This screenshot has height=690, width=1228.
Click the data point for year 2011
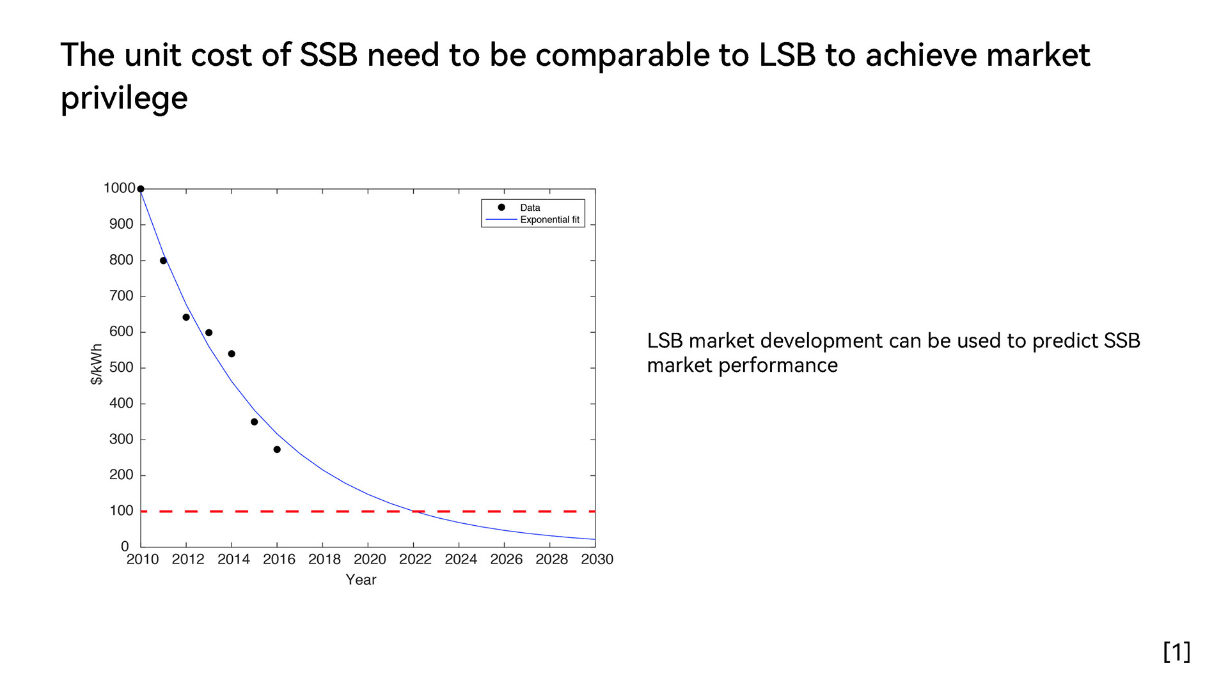click(x=163, y=261)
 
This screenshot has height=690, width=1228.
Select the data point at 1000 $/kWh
click(x=141, y=189)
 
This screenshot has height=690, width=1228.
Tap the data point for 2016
click(x=277, y=450)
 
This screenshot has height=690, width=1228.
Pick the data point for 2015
click(x=254, y=422)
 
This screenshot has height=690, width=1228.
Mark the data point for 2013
click(x=209, y=333)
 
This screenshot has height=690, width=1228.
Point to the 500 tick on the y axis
click(x=121, y=367)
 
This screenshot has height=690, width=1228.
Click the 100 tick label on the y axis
click(x=121, y=510)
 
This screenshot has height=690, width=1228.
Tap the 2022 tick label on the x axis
click(x=415, y=560)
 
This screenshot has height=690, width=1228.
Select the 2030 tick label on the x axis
click(x=597, y=560)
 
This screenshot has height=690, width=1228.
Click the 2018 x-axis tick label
click(x=324, y=560)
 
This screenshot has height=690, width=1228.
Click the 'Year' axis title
click(x=361, y=579)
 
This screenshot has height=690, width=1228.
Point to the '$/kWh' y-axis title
click(x=97, y=364)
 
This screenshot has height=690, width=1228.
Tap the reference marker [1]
click(x=1176, y=652)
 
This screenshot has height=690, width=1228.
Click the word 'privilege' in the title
click(x=124, y=98)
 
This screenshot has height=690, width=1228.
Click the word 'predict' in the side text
click(x=1064, y=341)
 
